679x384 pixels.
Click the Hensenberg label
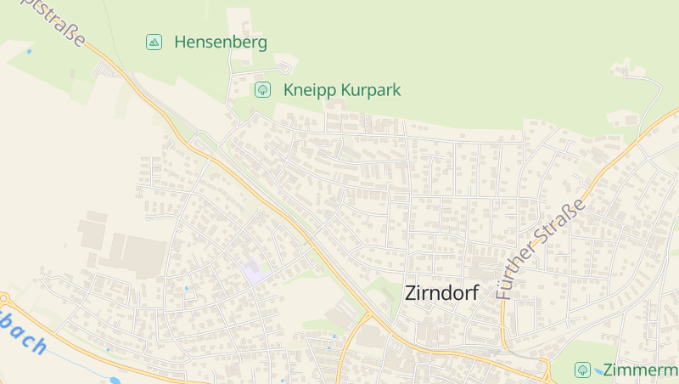coord(221,42)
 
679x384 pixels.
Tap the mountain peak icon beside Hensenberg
coord(154,42)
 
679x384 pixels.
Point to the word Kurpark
coord(370,89)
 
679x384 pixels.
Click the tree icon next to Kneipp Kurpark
coord(263,89)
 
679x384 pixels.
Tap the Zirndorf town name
coord(441,293)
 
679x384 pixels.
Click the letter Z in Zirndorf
coord(412,293)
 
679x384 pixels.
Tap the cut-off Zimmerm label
coord(640,370)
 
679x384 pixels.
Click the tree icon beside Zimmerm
coord(582,370)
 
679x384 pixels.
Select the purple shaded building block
coord(254,272)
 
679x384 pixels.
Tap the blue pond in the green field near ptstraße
coord(29,52)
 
